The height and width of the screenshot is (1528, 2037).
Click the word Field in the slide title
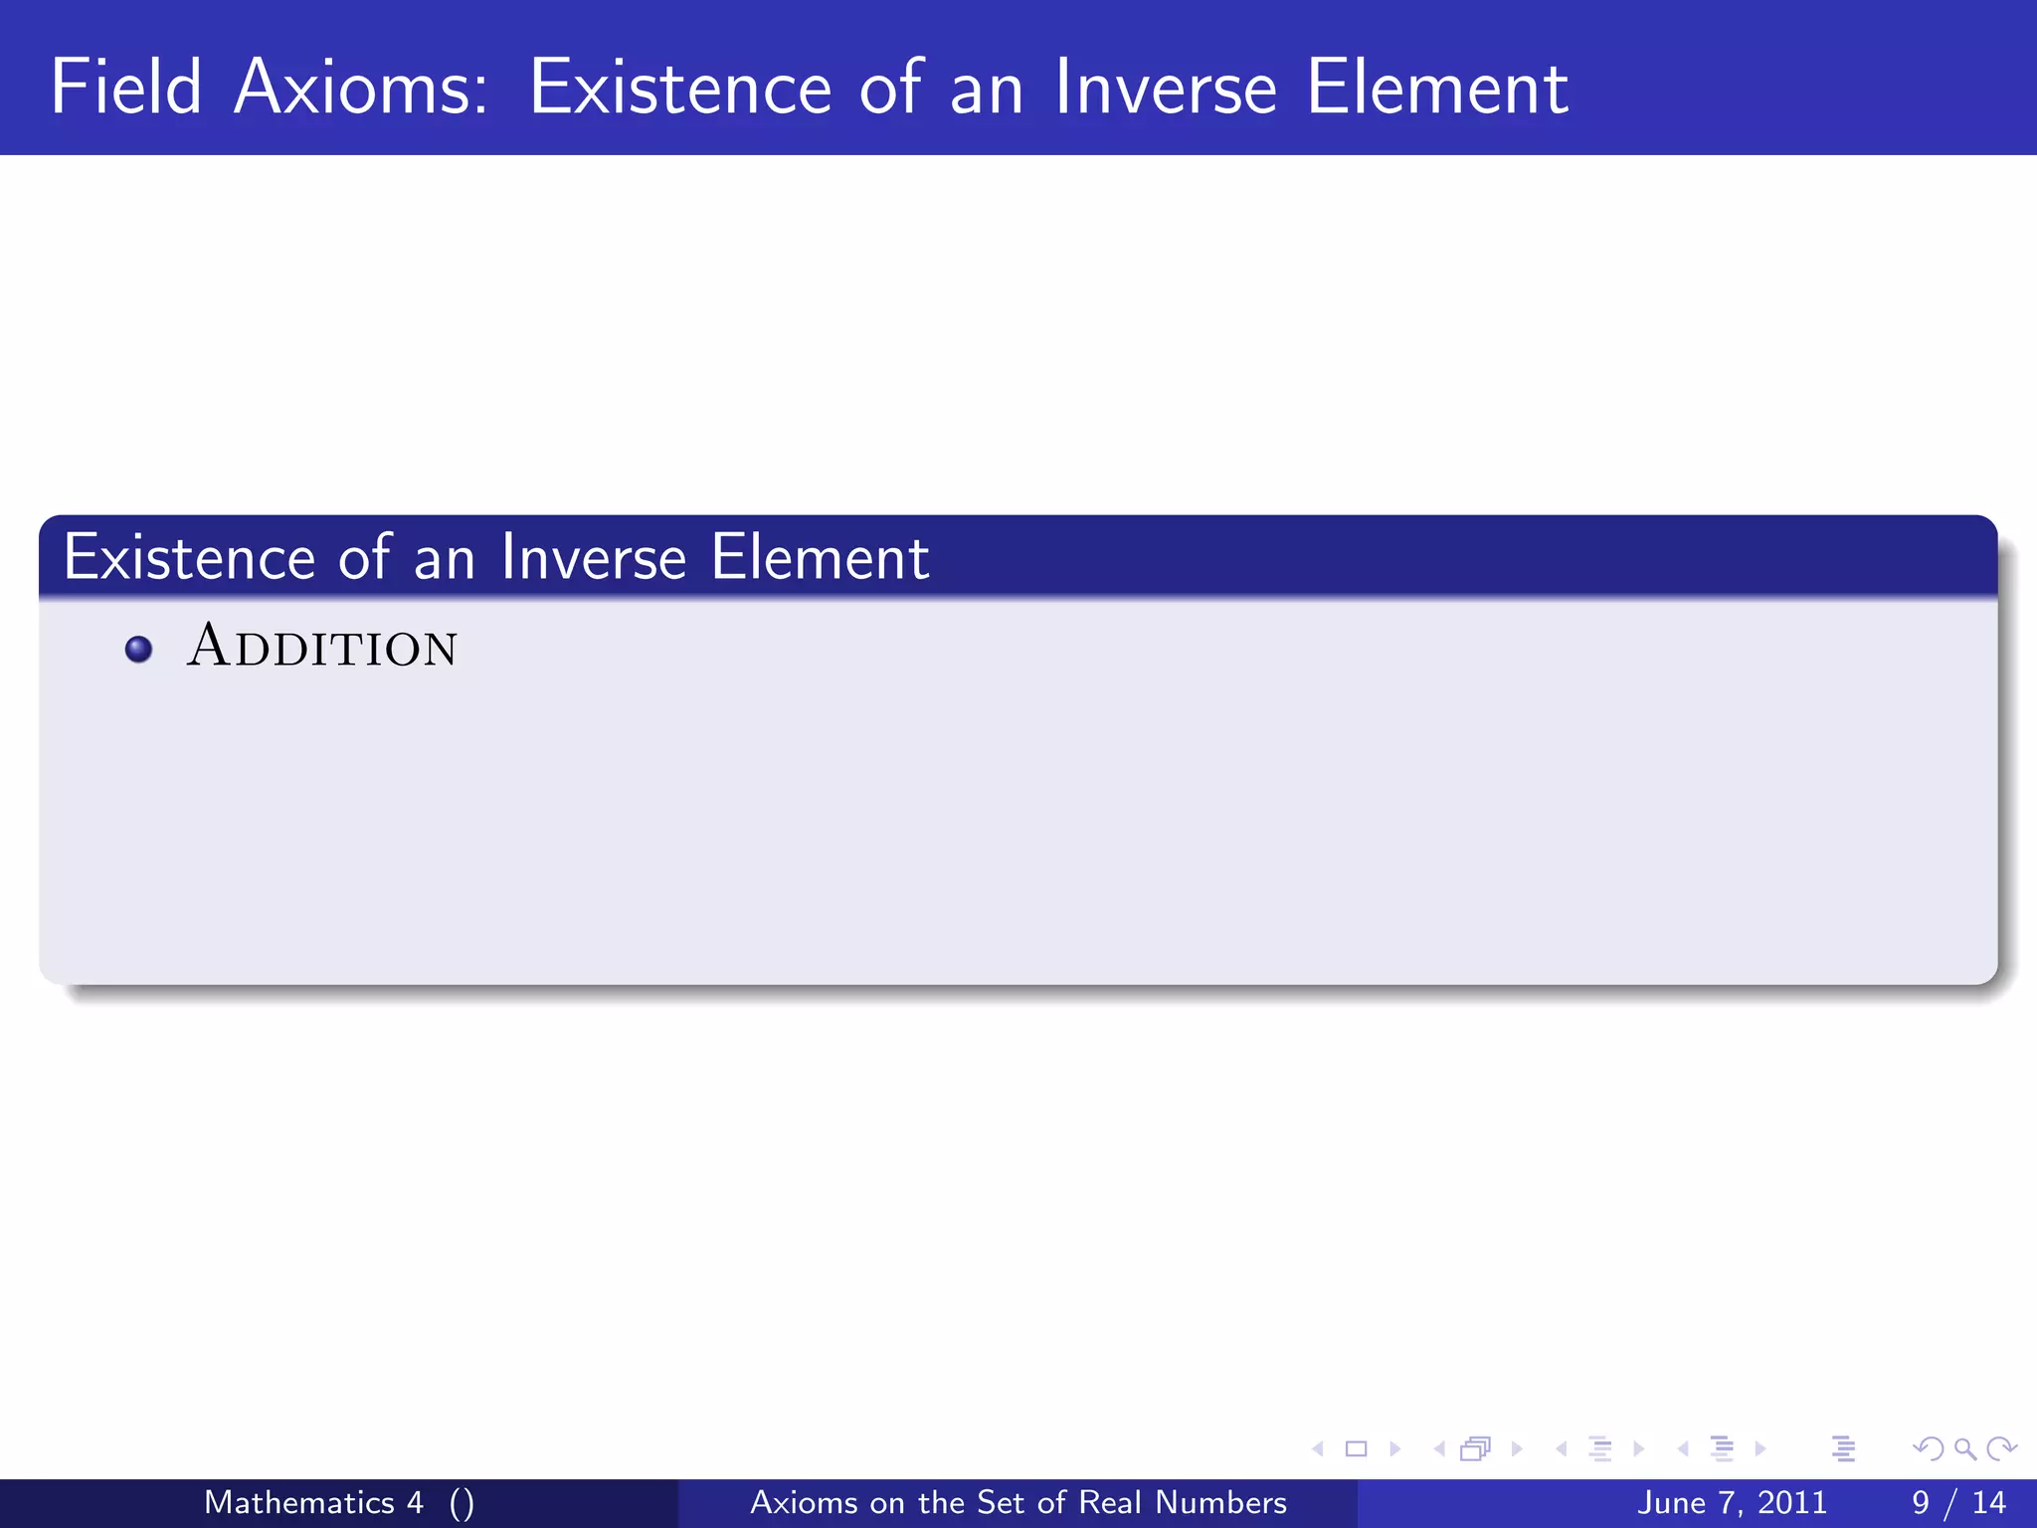(126, 88)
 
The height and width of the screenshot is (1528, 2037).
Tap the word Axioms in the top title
(361, 88)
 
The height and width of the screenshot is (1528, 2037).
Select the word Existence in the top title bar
(680, 88)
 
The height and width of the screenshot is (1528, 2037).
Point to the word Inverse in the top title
(1165, 88)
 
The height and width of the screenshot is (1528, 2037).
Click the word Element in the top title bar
(1437, 88)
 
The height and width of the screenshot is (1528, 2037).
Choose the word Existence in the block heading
(189, 557)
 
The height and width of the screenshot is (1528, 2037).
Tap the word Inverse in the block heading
(594, 557)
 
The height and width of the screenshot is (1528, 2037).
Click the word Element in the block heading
(821, 557)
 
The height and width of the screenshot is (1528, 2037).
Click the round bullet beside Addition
(139, 650)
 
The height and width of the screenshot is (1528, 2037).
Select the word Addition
(322, 647)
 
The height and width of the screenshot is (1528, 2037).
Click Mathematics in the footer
(299, 1502)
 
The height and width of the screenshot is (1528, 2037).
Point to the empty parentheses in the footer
(462, 1503)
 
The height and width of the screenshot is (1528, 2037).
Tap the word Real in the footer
(1111, 1502)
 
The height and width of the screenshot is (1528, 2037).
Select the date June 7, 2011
(1732, 1502)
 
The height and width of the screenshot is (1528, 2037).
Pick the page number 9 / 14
(1958, 1502)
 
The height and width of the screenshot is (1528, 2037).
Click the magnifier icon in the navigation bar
(1965, 1449)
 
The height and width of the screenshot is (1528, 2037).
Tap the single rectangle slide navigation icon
(1356, 1449)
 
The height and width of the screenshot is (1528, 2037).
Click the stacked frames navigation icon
(1476, 1449)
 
